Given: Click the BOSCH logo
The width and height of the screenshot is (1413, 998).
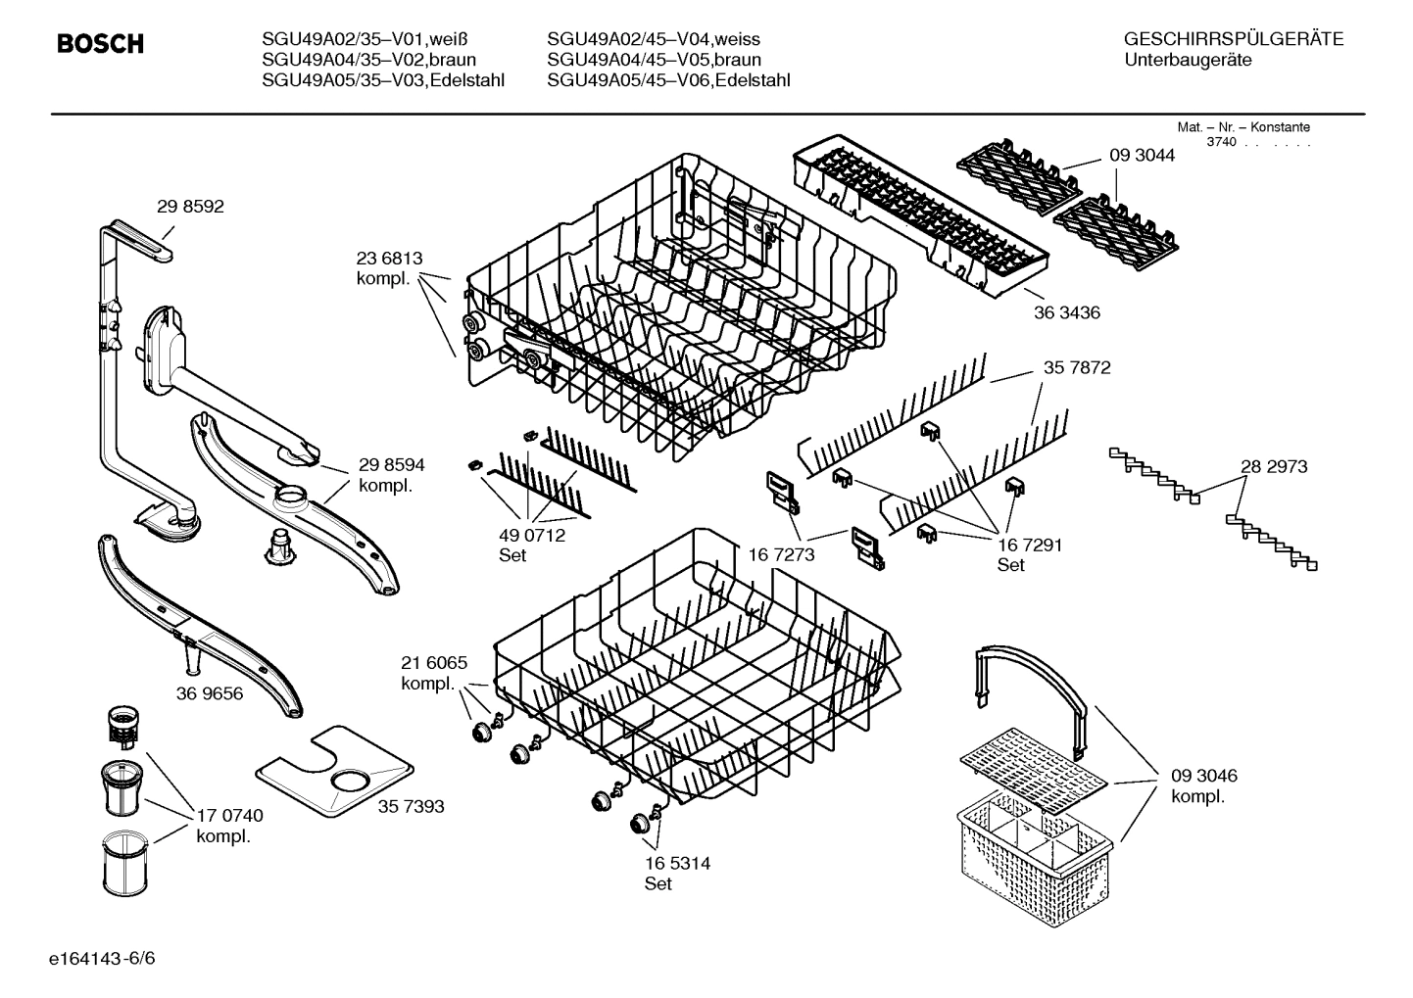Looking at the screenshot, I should pyautogui.click(x=100, y=44).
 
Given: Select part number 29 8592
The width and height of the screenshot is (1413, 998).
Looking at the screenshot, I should pyautogui.click(x=190, y=207).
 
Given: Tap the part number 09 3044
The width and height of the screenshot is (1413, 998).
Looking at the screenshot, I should pyautogui.click(x=1142, y=156).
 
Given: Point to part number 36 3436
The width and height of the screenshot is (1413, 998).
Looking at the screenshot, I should pyautogui.click(x=1067, y=313).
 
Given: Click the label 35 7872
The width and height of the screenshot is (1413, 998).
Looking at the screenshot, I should pyautogui.click(x=1077, y=367).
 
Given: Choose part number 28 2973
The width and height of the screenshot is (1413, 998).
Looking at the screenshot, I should pyautogui.click(x=1274, y=467).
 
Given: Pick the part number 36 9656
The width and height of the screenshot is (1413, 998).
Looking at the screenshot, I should pyautogui.click(x=210, y=694).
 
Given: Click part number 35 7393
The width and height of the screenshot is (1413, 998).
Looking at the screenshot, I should pyautogui.click(x=411, y=806).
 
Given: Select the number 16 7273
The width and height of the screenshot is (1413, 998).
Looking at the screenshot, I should pyautogui.click(x=781, y=555).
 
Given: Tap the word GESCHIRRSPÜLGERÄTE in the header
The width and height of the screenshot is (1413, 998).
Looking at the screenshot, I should pyautogui.click(x=1234, y=40).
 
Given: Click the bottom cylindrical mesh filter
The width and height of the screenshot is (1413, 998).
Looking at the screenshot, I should pyautogui.click(x=123, y=858).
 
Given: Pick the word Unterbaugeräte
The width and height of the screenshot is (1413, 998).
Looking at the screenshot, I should pyautogui.click(x=1189, y=61).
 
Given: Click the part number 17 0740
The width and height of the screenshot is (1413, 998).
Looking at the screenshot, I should pyautogui.click(x=229, y=816).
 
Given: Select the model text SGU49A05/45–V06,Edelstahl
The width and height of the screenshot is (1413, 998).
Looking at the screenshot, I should pyautogui.click(x=668, y=80).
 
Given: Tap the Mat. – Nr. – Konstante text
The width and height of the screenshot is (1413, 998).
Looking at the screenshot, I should pyautogui.click(x=1242, y=127).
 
